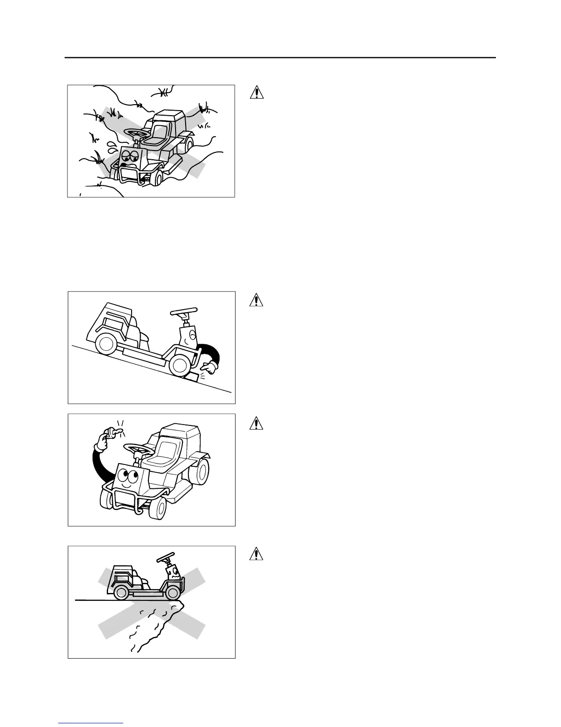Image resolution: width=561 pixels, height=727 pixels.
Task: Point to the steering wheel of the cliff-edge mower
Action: point(168,558)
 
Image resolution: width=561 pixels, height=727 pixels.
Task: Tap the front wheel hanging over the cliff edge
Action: point(173,593)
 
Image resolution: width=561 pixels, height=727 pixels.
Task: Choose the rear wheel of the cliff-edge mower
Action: point(121,593)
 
